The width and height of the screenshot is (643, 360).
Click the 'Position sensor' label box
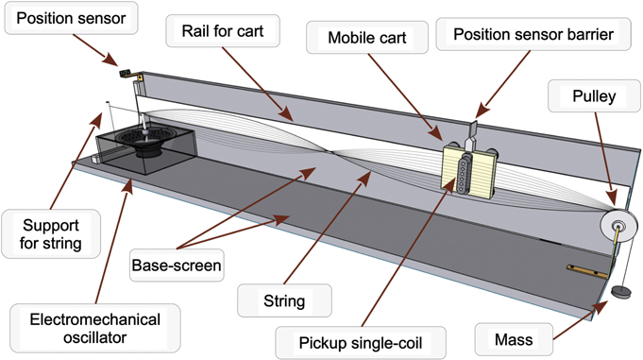[x=70, y=19]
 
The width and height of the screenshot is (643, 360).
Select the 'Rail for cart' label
[x=223, y=34]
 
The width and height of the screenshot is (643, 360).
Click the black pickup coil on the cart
[x=462, y=170]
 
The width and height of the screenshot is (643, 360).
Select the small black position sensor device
[x=124, y=72]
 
